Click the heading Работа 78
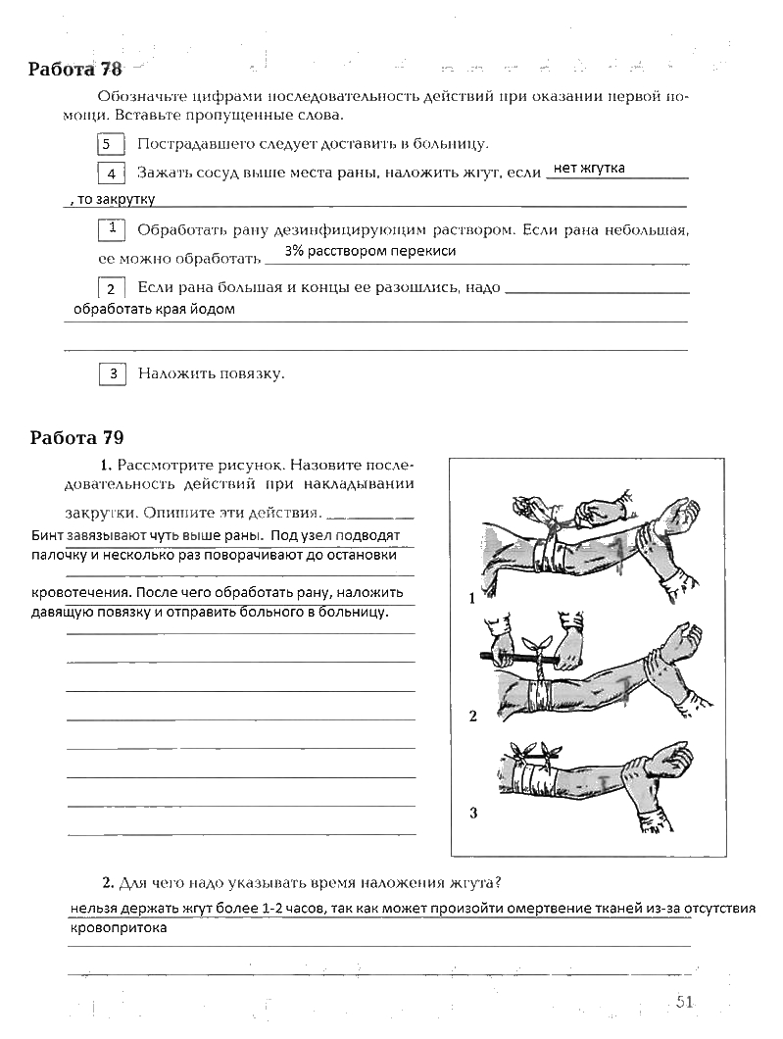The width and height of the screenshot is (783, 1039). [x=75, y=70]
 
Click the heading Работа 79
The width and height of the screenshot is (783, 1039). [x=76, y=437]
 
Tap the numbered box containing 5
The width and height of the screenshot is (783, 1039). [x=111, y=145]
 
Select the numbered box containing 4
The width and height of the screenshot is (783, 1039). [x=112, y=173]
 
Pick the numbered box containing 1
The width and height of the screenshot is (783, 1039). [x=113, y=229]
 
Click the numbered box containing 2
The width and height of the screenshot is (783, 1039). [x=112, y=288]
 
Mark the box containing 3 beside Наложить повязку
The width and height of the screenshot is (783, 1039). [x=113, y=373]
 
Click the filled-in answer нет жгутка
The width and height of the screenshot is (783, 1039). [x=589, y=168]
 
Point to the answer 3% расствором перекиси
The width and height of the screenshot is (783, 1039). [x=370, y=251]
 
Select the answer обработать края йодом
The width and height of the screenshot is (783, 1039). [x=155, y=309]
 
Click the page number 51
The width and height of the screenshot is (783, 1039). [x=684, y=1001]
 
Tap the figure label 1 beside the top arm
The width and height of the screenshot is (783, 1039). [x=471, y=597]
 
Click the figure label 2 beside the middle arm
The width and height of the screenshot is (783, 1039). [x=472, y=716]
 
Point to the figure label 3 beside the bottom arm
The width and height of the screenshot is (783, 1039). [x=472, y=812]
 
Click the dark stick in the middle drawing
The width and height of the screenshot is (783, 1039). [x=490, y=654]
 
